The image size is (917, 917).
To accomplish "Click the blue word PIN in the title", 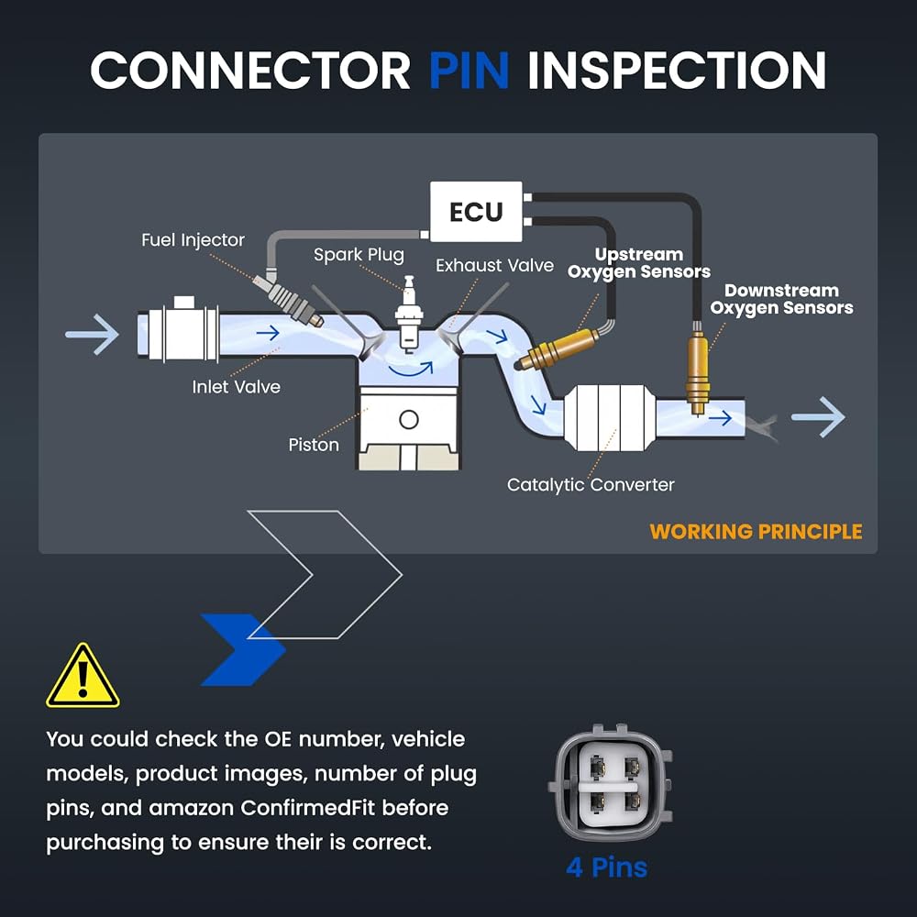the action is tap(469, 71).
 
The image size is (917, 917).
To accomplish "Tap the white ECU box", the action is tap(476, 211).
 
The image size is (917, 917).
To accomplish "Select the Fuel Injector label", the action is tap(193, 240).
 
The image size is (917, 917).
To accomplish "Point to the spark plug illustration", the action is tap(409, 314).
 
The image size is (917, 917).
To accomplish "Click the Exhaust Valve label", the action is tap(494, 266).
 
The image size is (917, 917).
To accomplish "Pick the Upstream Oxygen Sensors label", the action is tap(638, 263).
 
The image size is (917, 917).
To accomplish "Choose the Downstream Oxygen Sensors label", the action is tap(781, 299).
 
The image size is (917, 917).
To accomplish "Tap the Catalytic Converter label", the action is tap(591, 485).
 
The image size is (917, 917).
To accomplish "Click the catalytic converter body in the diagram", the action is tap(610, 417).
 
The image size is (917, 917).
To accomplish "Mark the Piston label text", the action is tap(314, 445).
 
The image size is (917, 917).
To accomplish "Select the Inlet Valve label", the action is tap(237, 387).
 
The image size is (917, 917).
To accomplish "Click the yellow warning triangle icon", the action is tap(83, 676).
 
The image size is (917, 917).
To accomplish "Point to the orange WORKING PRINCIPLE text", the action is tap(756, 532).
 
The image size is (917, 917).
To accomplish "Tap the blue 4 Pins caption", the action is tap(606, 867).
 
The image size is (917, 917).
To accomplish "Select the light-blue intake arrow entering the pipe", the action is tap(93, 335).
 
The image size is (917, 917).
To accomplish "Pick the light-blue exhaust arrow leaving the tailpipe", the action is tap(818, 417).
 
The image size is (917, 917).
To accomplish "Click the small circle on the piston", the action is tap(409, 419).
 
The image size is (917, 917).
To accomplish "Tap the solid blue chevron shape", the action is tap(243, 650).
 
